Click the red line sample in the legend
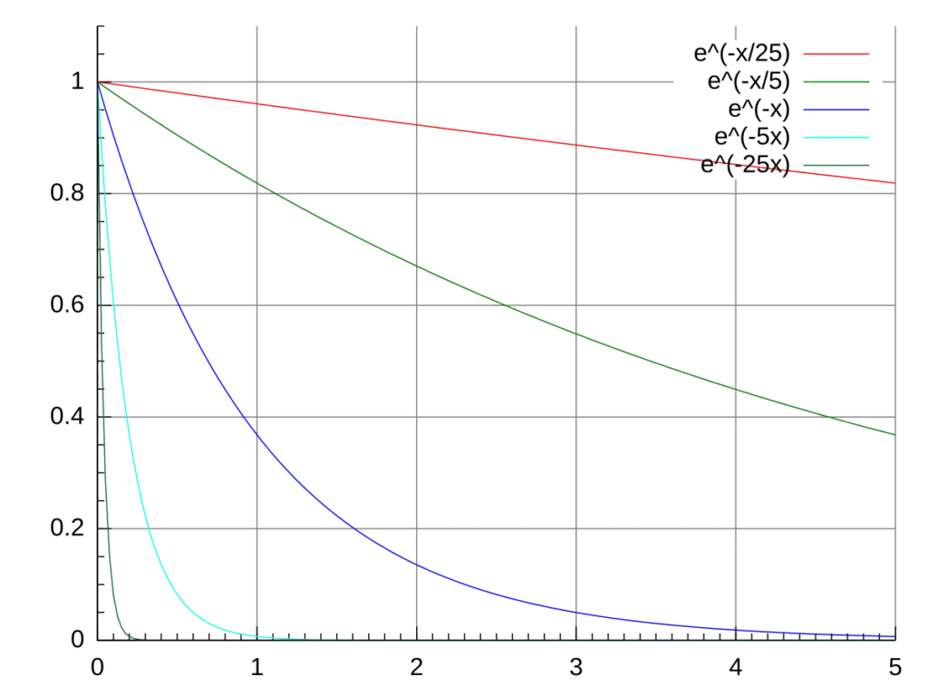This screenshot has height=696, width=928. pos(836,54)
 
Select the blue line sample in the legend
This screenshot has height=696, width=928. pos(836,111)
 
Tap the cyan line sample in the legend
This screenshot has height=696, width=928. pos(836,138)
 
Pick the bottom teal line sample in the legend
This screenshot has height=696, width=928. pos(836,164)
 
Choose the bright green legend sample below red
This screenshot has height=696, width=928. pos(836,83)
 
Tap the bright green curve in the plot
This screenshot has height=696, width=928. pos(498,300)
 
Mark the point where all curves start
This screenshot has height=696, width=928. pos(98,83)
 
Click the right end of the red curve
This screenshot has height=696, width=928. pos(894,184)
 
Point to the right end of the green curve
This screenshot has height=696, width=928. pos(894,435)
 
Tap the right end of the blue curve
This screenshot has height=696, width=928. pos(894,635)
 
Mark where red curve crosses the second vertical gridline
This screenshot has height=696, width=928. pos(417,123)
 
